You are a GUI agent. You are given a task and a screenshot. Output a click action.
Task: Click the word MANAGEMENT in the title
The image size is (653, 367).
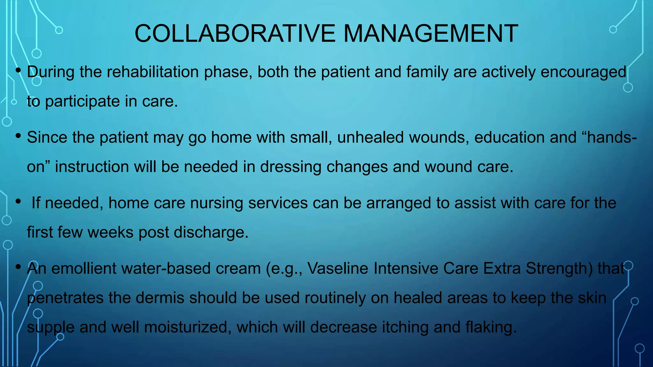pyautogui.click(x=431, y=33)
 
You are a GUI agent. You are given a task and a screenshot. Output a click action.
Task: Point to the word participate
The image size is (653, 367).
pyautogui.click(x=82, y=102)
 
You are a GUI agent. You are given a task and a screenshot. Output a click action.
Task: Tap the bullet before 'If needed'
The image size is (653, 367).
pyautogui.click(x=18, y=202)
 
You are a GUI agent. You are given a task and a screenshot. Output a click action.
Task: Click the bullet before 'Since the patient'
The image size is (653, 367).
pyautogui.click(x=18, y=136)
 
